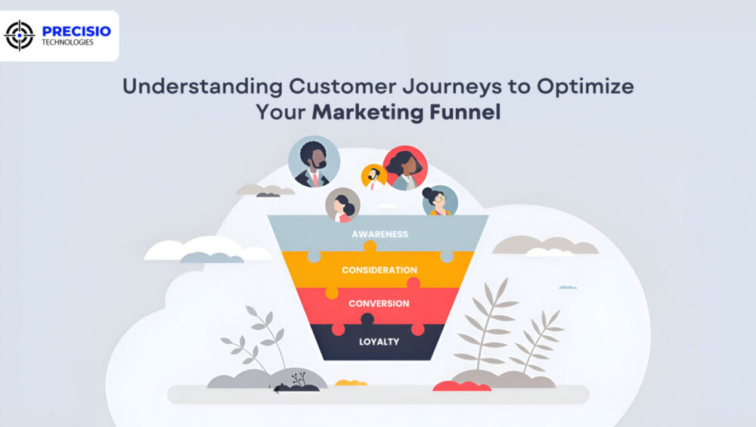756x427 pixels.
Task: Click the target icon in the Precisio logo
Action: tap(20, 36)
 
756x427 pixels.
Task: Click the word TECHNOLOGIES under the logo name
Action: tap(68, 43)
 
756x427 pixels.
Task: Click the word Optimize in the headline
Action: tap(585, 86)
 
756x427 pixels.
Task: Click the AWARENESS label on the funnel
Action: tap(380, 234)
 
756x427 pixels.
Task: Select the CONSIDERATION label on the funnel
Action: tap(379, 270)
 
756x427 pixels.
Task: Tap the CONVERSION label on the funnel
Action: tap(379, 304)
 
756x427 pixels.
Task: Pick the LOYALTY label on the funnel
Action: tap(379, 342)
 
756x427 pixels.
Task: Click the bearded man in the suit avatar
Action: tap(314, 162)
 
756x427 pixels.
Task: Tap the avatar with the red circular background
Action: tap(405, 168)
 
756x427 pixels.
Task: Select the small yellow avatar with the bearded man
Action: tap(373, 177)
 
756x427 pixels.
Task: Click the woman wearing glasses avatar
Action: tap(439, 201)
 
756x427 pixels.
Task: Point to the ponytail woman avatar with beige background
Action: tap(342, 205)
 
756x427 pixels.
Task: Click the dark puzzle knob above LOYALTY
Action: tap(367, 319)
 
